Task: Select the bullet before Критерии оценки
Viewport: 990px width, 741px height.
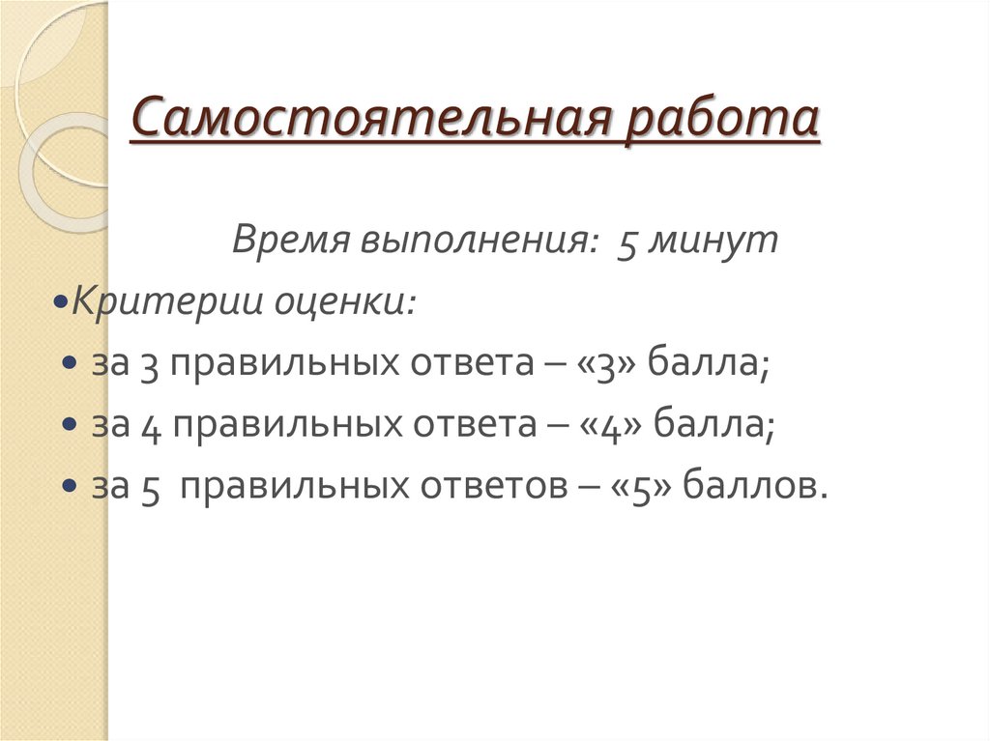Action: pyautogui.click(x=61, y=304)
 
